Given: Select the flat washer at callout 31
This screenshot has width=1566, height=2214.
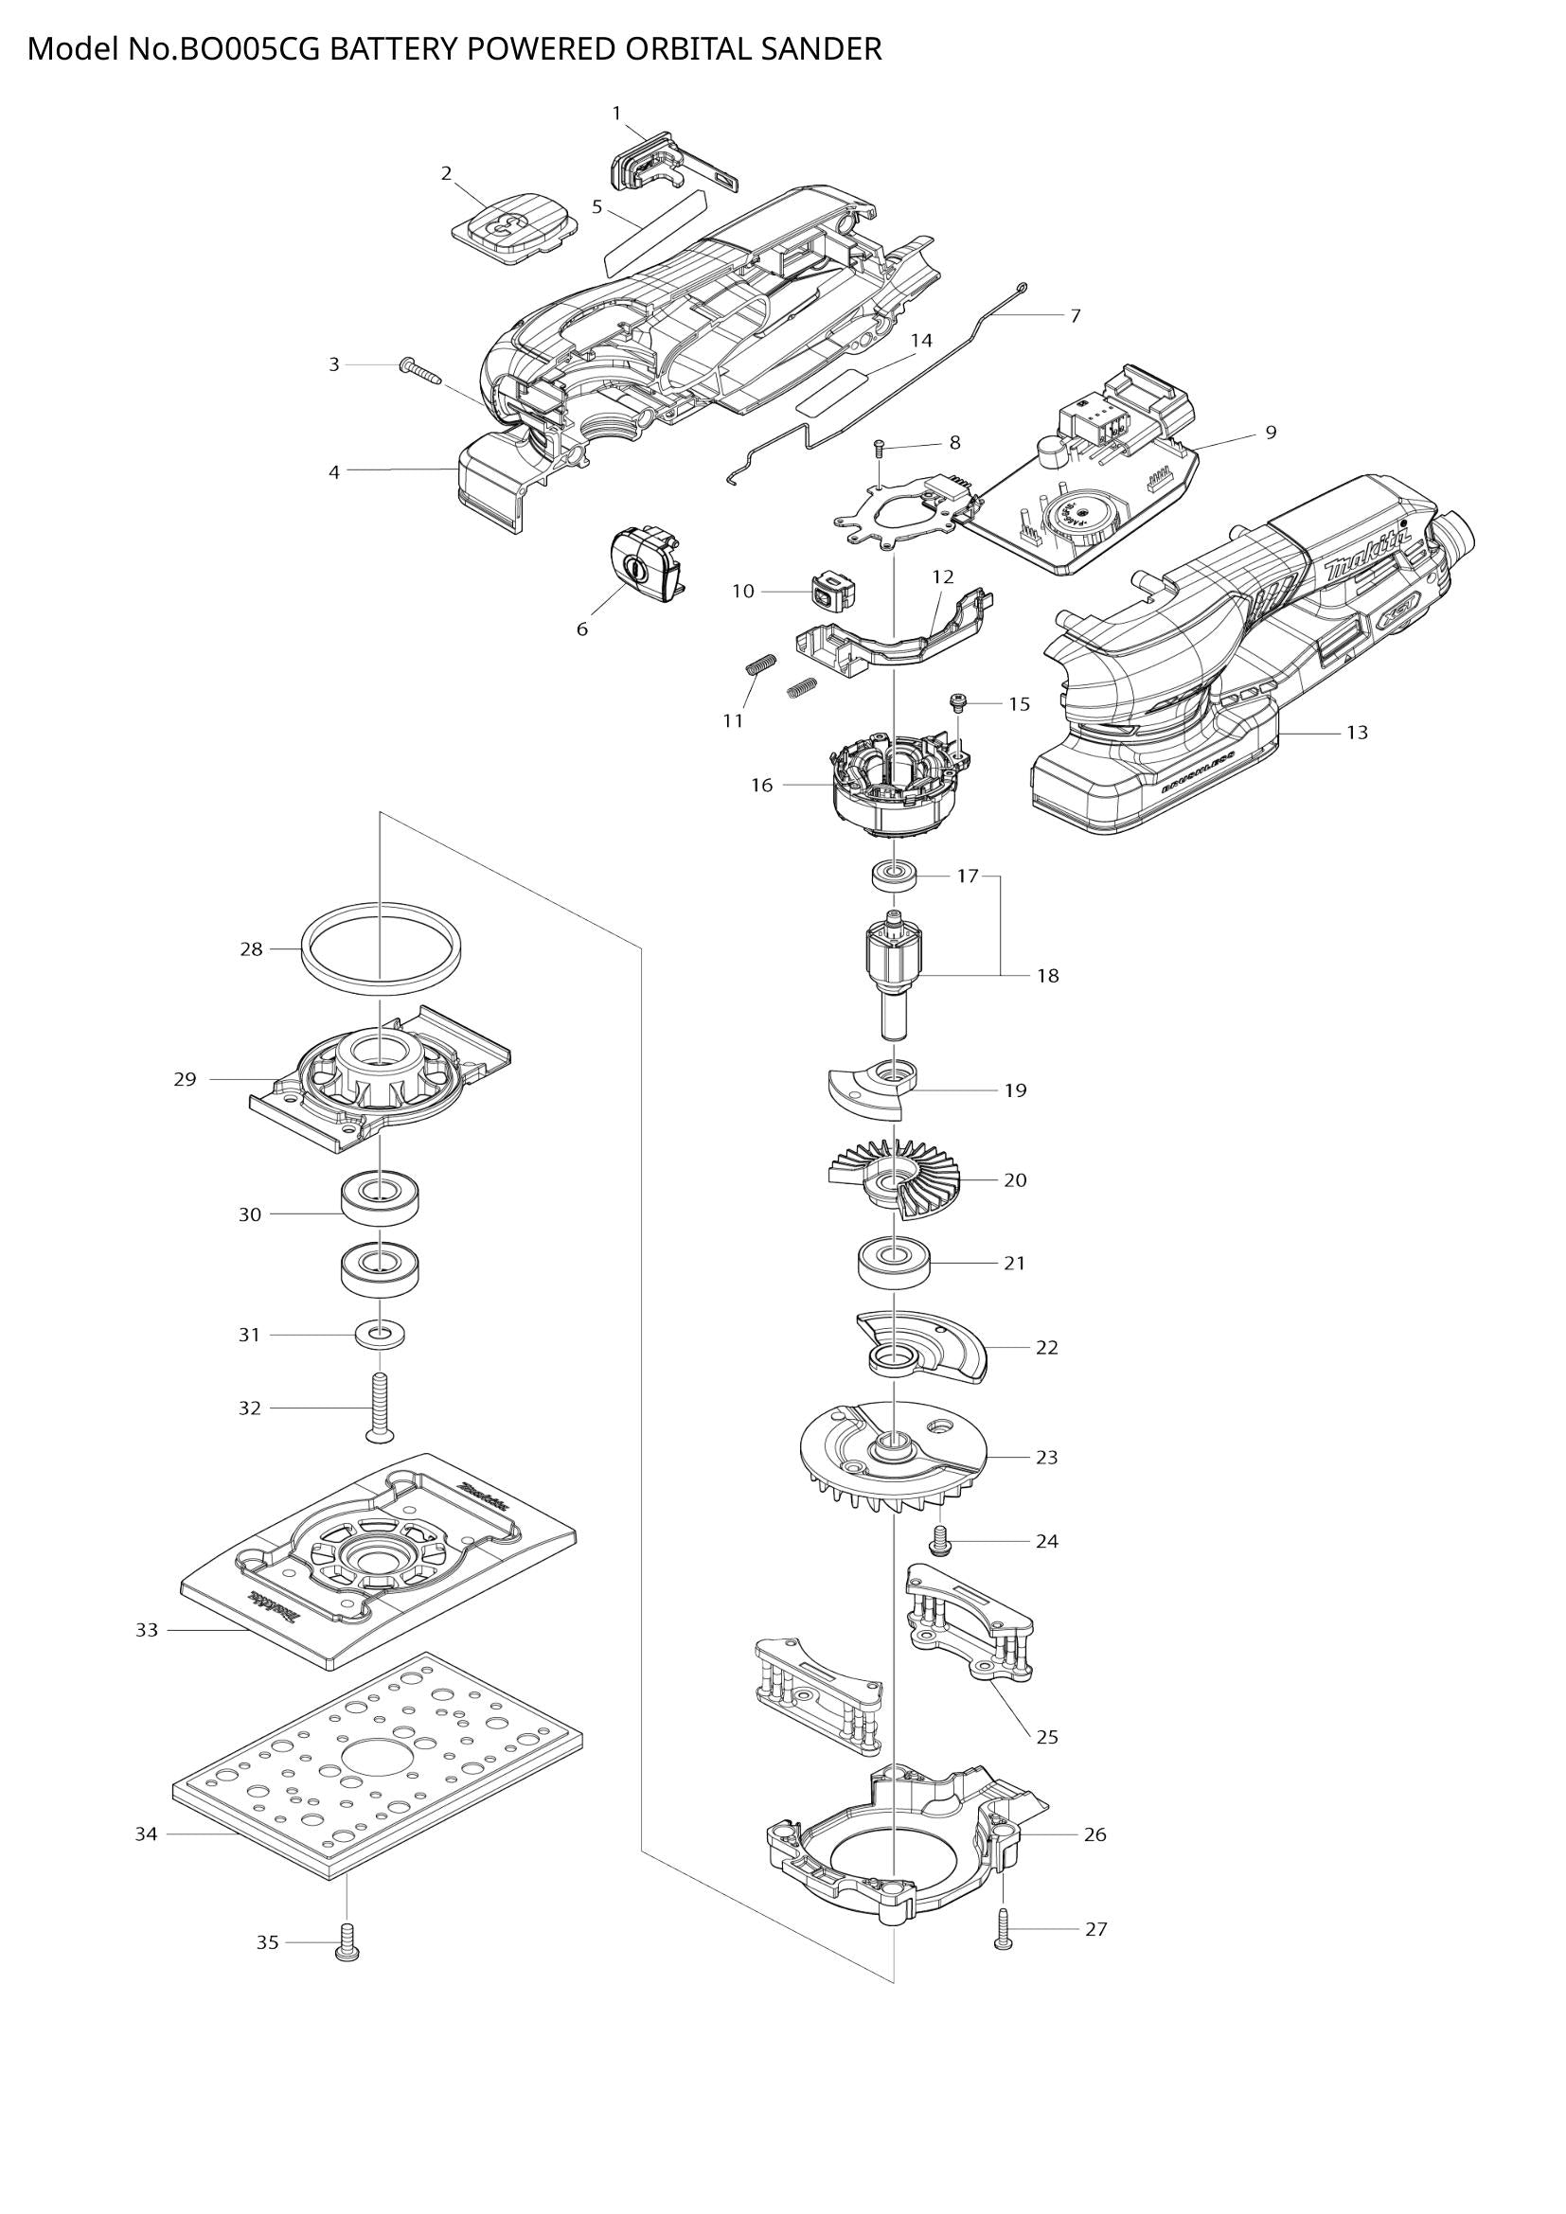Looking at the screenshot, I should click(x=380, y=1336).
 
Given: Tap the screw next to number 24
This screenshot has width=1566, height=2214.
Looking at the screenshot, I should click(x=940, y=1542).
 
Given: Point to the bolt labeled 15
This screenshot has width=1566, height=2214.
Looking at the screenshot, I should click(x=959, y=702).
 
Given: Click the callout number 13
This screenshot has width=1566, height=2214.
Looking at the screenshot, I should click(x=1357, y=733).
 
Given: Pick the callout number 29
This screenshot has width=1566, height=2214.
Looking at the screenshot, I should click(x=186, y=1079).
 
